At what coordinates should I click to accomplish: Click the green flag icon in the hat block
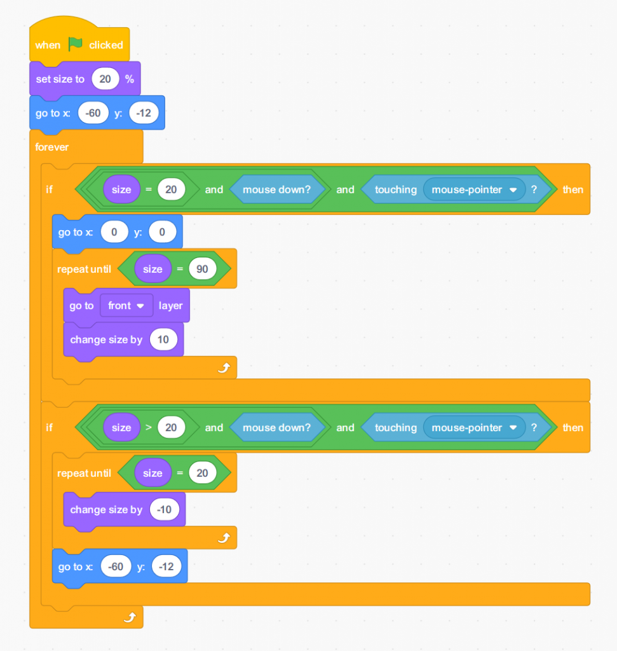coord(76,45)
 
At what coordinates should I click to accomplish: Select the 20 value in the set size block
coord(105,79)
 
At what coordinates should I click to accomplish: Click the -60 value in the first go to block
coord(93,113)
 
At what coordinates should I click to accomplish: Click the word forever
coord(52,147)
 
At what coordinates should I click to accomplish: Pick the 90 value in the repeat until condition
coord(202,269)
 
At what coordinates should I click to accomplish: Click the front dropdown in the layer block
coord(126,306)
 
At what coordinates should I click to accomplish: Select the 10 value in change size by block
coord(163,339)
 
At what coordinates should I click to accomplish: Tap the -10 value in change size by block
coord(165,509)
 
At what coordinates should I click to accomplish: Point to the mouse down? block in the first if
coord(276,189)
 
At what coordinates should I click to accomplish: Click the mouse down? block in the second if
coord(276,427)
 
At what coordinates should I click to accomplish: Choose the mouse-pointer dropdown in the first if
coord(473,189)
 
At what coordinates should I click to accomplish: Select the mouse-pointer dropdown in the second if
coord(473,427)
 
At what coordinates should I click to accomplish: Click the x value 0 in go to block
coord(114,232)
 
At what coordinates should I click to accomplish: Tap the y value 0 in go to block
coord(162,232)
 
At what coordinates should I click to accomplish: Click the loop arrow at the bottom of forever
coord(130,617)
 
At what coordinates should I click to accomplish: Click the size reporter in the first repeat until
coord(153,269)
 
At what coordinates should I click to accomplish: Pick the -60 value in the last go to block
coord(116,566)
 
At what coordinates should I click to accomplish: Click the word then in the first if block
coord(573,189)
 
